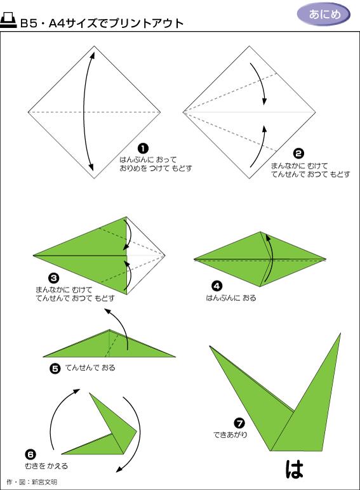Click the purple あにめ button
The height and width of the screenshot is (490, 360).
[x=324, y=15]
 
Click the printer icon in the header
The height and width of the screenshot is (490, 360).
[x=9, y=23]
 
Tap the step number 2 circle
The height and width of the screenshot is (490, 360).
[x=299, y=152]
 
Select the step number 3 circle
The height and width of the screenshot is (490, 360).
[x=54, y=277]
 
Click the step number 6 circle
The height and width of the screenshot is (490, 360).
[x=30, y=454]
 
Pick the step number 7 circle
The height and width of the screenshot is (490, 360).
[x=239, y=423]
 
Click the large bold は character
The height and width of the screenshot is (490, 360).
[x=295, y=468]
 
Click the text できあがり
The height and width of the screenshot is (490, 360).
[x=230, y=435]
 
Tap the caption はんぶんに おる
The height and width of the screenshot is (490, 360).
[x=231, y=297]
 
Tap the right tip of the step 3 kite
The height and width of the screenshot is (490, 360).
[x=164, y=256]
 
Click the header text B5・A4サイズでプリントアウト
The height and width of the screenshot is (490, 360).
[x=102, y=24]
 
